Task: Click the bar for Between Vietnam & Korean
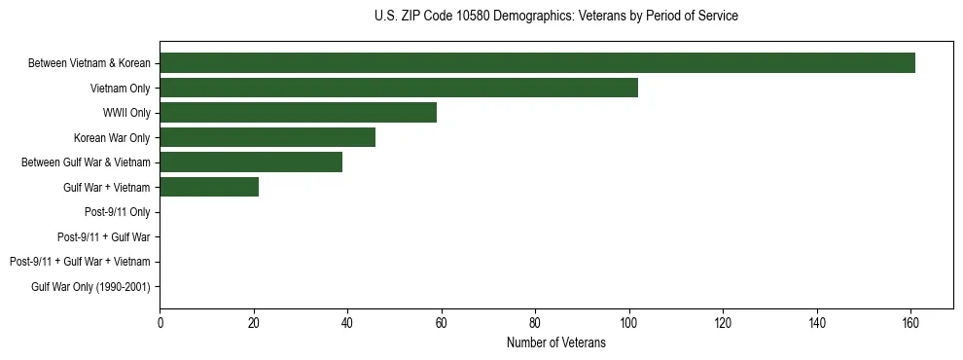[x=537, y=63]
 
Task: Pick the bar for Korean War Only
[x=267, y=137]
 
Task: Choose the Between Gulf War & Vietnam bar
[x=251, y=162]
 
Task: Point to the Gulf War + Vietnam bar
[x=209, y=187]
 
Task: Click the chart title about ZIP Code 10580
[x=555, y=17]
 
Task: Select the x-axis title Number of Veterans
[x=555, y=343]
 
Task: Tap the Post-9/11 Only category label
[x=118, y=212]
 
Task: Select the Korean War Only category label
[x=112, y=137]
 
